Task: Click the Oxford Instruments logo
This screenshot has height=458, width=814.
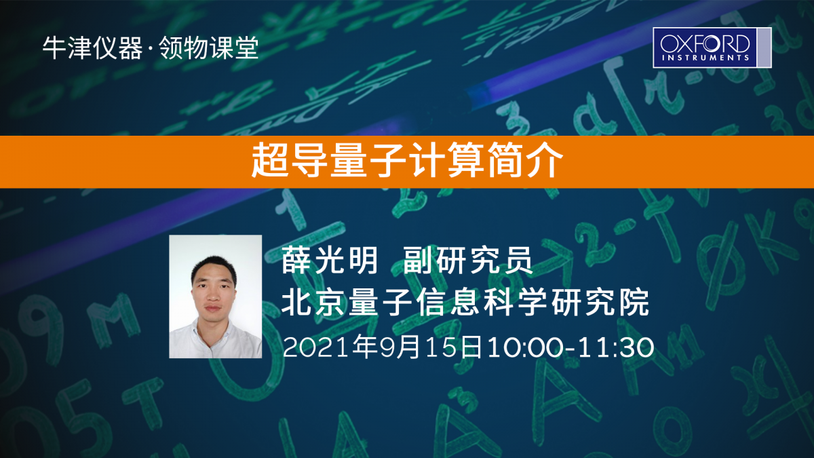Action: [712, 47]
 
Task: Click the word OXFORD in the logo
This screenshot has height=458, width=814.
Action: [705, 43]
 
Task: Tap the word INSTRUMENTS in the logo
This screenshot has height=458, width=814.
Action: [705, 58]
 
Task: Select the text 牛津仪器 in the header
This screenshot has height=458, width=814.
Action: [93, 48]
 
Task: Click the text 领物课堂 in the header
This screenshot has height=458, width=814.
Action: [209, 48]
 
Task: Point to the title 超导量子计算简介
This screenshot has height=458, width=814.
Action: [408, 160]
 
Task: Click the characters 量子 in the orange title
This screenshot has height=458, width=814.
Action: [368, 160]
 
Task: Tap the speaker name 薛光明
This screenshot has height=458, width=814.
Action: [330, 260]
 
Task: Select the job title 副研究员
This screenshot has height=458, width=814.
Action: [468, 260]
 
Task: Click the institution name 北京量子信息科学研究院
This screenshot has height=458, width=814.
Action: [465, 302]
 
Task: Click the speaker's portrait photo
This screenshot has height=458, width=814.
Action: [216, 297]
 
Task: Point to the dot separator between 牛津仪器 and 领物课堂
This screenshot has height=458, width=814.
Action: [151, 49]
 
